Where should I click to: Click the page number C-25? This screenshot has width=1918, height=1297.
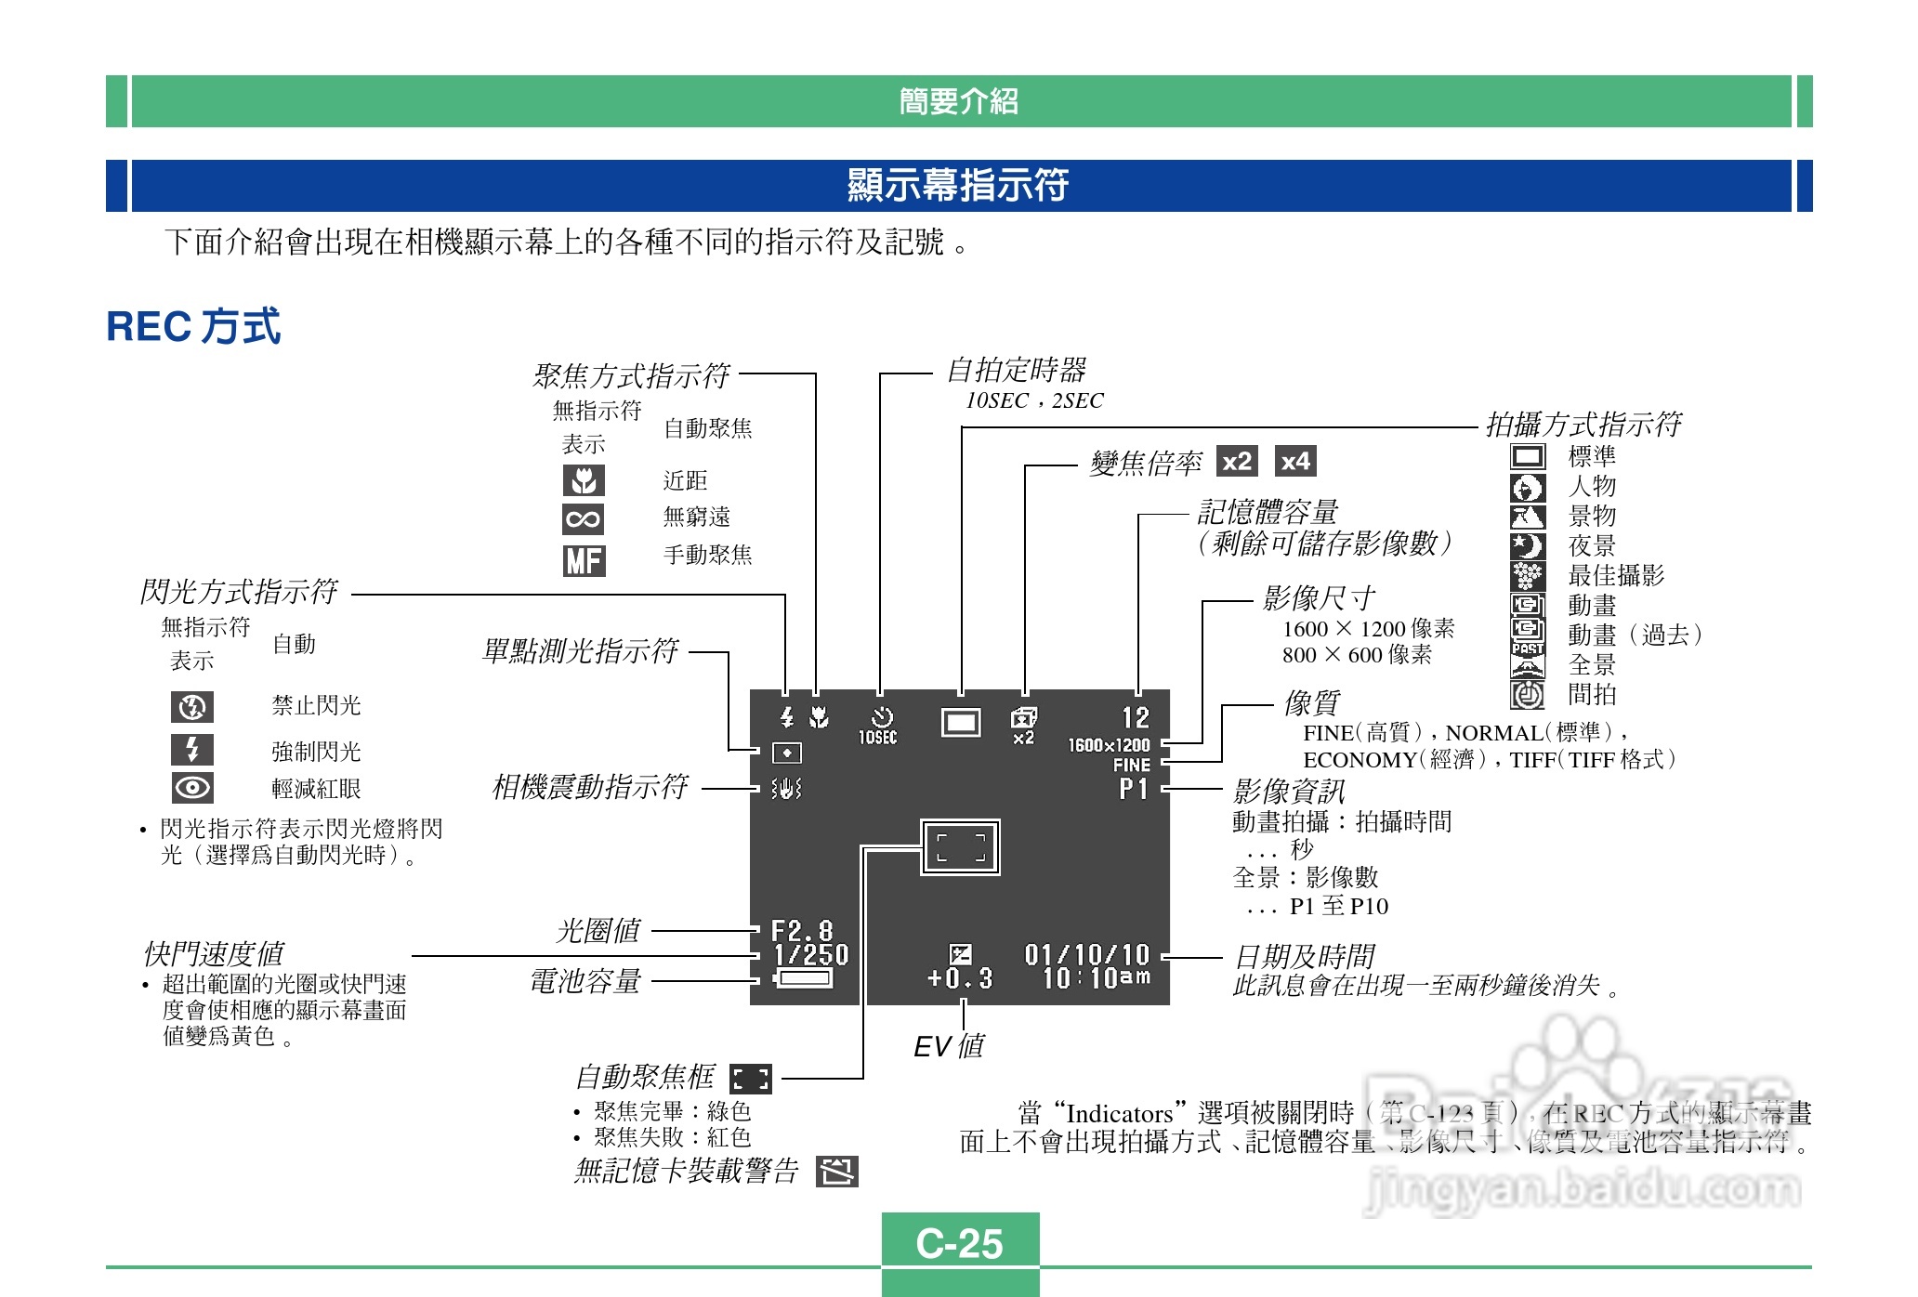click(x=959, y=1243)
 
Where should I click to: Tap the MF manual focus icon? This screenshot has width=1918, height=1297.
click(x=584, y=560)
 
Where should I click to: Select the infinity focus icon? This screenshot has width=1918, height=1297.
click(x=583, y=518)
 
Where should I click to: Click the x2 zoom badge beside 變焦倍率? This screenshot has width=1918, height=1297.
click(x=1237, y=461)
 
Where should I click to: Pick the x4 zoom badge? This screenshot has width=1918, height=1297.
click(x=1294, y=461)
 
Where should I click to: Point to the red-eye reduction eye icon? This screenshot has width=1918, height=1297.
click(x=192, y=788)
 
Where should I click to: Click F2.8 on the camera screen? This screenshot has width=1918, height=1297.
click(x=801, y=931)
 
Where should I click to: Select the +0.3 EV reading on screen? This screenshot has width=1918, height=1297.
click(x=960, y=978)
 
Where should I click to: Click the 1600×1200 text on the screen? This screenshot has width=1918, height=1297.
click(x=1109, y=745)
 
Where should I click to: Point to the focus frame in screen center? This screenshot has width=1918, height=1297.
click(x=960, y=847)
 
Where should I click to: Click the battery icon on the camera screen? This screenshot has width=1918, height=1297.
click(x=804, y=978)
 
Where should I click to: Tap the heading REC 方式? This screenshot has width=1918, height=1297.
click(x=193, y=327)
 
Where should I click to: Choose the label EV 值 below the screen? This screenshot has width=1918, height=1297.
click(x=948, y=1046)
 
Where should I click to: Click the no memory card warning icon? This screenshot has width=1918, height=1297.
click(x=836, y=1172)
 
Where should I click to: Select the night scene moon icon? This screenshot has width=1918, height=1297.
click(x=1527, y=546)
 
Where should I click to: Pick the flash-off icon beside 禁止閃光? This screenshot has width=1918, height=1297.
click(x=192, y=707)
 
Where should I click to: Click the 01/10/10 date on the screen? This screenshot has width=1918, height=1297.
click(x=1086, y=955)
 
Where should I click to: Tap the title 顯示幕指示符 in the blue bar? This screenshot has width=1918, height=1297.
click(x=958, y=185)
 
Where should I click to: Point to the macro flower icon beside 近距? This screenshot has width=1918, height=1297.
click(x=584, y=480)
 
